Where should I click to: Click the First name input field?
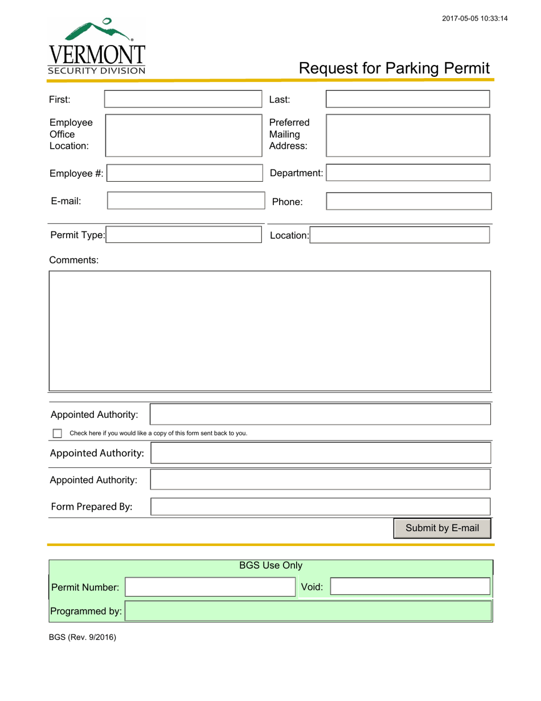point(182,99)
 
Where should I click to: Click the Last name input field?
point(407,99)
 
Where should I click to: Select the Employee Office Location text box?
point(182,135)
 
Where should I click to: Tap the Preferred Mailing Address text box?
point(407,135)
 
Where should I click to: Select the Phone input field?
point(407,201)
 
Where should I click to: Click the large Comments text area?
point(269,331)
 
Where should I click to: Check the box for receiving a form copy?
point(57,434)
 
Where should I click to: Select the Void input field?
point(410,586)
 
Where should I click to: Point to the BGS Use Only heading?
point(270,565)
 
